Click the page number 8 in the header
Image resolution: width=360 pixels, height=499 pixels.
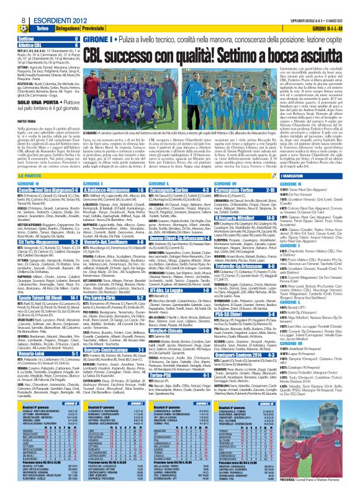click(6, 6)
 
